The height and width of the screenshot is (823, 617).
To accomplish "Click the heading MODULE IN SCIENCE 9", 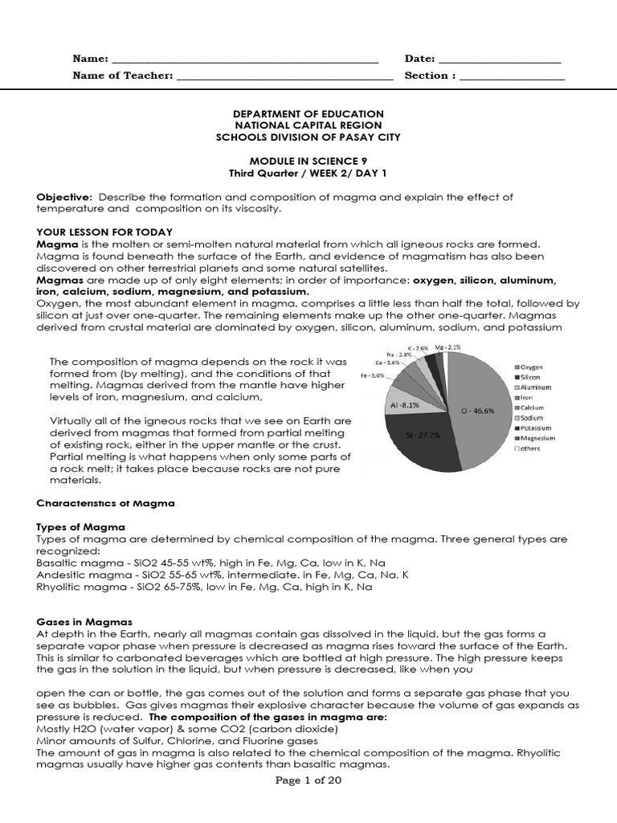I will pyautogui.click(x=308, y=162).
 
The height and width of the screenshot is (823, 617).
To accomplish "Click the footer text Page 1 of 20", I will pyautogui.click(x=308, y=781).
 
